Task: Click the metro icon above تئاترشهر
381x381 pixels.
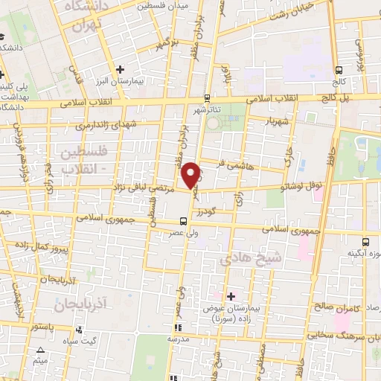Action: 208,97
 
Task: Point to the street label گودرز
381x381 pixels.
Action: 214,210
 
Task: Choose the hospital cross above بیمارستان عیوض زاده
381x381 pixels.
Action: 231,295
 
